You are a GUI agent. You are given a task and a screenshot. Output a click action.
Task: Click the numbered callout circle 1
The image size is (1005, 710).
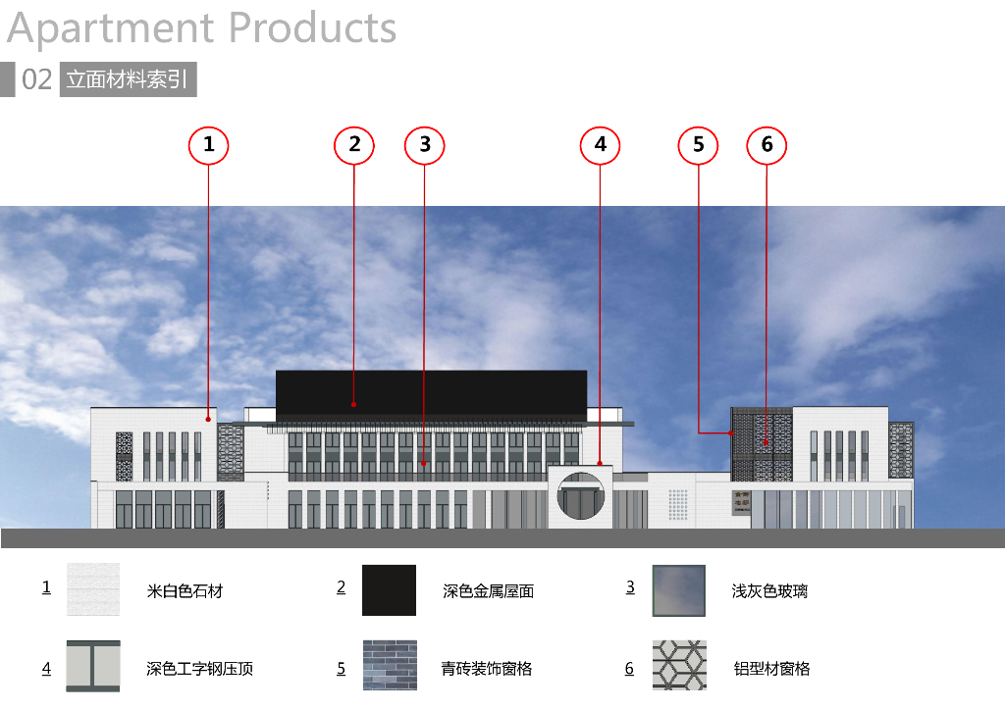[x=208, y=145]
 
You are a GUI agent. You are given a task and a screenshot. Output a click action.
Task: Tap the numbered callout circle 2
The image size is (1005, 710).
[x=354, y=145]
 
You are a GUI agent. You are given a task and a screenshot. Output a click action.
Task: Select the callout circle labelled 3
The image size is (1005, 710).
[x=424, y=145]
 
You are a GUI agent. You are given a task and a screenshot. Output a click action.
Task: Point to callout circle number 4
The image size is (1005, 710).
[x=600, y=145]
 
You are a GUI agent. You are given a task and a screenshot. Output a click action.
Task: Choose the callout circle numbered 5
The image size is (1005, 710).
[x=698, y=145]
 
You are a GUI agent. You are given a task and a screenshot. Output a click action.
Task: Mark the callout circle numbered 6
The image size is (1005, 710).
[x=767, y=145]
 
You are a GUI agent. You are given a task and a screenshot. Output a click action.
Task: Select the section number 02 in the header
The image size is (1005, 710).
[x=36, y=79]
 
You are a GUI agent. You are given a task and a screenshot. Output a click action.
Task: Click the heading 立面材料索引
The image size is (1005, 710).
[x=128, y=79]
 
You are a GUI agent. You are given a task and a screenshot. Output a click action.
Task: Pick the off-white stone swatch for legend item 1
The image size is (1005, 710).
[x=93, y=589]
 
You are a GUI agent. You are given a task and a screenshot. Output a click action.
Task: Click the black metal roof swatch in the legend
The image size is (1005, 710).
[x=389, y=589]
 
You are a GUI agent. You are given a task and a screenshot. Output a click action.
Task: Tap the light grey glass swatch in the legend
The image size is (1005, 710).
[x=679, y=589]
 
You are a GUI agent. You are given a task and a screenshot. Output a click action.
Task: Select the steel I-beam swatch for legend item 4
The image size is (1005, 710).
[x=93, y=666]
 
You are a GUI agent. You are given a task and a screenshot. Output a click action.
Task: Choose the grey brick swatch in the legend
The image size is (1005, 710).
[x=389, y=666]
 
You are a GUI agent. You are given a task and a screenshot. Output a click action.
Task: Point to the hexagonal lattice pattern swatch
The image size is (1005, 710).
[x=679, y=666]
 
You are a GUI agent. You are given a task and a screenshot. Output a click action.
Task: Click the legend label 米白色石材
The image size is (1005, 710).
[x=185, y=591]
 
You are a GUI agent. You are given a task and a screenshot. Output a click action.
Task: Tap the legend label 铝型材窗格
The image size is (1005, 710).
[x=771, y=669]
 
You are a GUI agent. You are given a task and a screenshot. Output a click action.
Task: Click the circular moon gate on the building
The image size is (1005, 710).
[x=580, y=496]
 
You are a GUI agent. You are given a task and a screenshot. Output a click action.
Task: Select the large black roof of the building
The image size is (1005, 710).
[x=431, y=392]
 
